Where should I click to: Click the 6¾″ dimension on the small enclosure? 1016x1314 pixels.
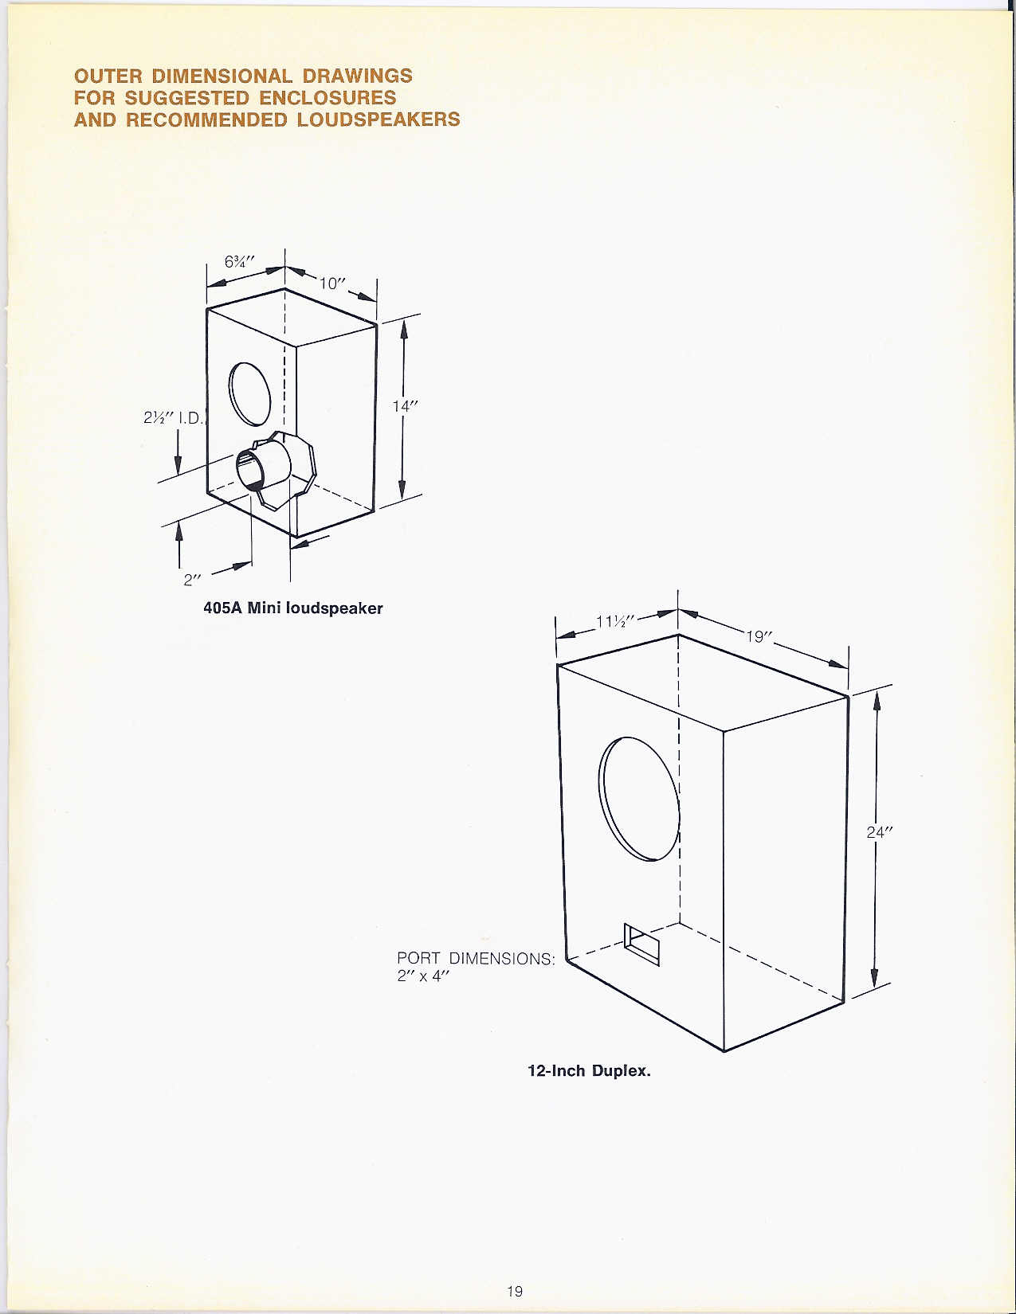click(x=240, y=262)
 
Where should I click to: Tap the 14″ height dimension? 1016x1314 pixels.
click(x=405, y=406)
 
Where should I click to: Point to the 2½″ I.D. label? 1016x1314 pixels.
click(x=173, y=417)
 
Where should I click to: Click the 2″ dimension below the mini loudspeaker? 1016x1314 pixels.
click(x=192, y=579)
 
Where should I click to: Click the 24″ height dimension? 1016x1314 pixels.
click(x=879, y=833)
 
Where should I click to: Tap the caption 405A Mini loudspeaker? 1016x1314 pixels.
click(x=293, y=608)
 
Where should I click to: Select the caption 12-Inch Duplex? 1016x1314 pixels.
click(x=590, y=1071)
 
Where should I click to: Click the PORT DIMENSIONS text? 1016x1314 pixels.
click(x=476, y=959)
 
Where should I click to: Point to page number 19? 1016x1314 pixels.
click(x=514, y=1291)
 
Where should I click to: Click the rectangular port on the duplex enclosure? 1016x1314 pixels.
click(x=641, y=944)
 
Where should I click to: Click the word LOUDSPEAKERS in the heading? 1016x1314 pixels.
click(x=379, y=119)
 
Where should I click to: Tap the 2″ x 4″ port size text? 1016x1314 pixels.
click(x=424, y=976)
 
